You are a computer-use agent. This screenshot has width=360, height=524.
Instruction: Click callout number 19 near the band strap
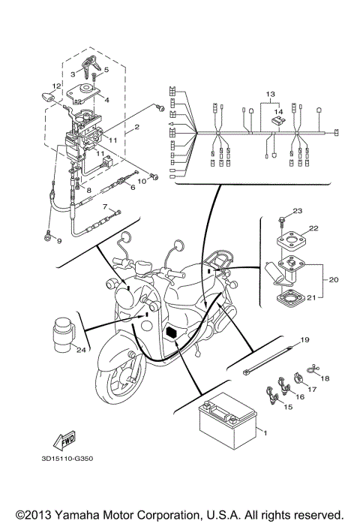coord(305,341)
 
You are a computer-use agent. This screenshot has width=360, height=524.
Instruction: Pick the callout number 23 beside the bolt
coord(297,211)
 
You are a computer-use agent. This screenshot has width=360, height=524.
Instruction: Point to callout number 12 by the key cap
coord(56,86)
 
